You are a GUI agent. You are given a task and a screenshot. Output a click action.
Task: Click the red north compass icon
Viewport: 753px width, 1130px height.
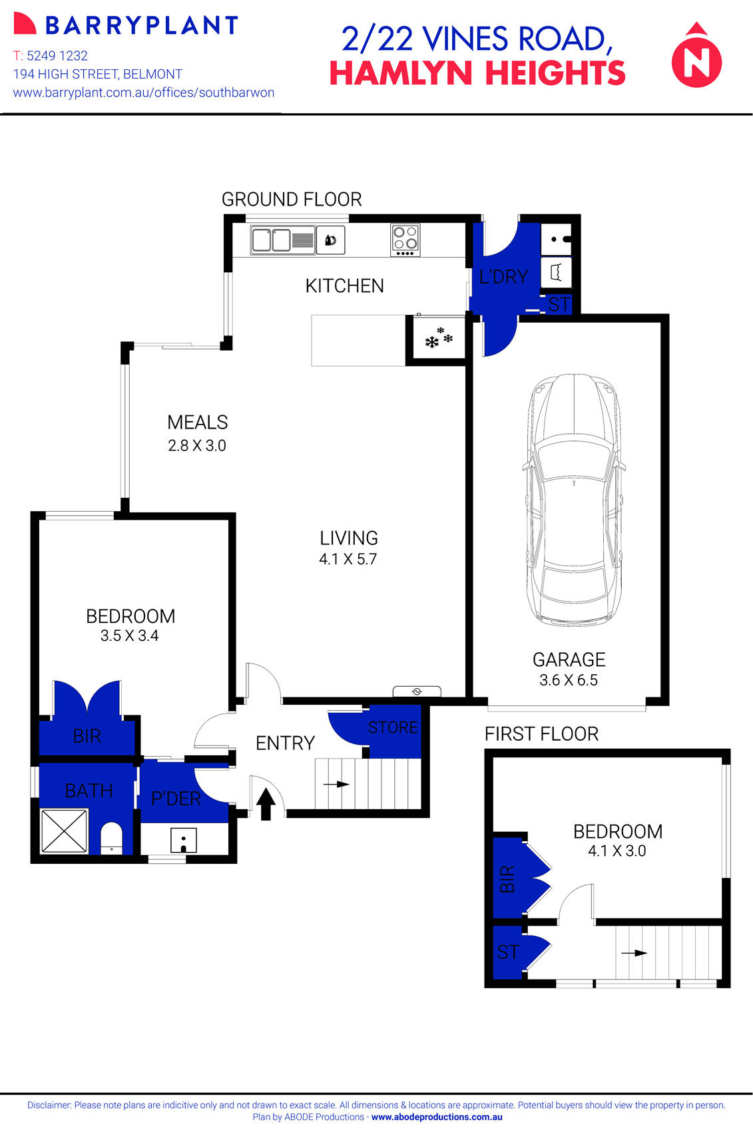pyautogui.click(x=696, y=59)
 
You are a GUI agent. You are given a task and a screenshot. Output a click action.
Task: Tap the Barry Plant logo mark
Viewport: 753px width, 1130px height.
pyautogui.click(x=25, y=25)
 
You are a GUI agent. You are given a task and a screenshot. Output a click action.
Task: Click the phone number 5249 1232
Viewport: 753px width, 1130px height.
pyautogui.click(x=57, y=56)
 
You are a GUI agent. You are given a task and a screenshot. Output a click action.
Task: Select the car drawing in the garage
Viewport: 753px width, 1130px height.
pyautogui.click(x=574, y=499)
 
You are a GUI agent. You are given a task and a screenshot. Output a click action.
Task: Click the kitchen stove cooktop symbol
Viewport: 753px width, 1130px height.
pyautogui.click(x=405, y=240)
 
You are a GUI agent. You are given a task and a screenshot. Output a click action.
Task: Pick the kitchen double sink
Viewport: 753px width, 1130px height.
pyautogui.click(x=272, y=240)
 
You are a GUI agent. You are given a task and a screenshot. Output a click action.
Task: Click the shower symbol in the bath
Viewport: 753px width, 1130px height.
pyautogui.click(x=64, y=831)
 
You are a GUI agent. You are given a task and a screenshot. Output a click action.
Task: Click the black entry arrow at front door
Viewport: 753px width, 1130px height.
pyautogui.click(x=266, y=803)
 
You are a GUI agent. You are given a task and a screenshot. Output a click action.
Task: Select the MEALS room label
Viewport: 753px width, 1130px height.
pyautogui.click(x=198, y=423)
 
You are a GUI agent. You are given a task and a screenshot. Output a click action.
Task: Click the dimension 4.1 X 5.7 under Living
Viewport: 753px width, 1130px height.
pyautogui.click(x=348, y=560)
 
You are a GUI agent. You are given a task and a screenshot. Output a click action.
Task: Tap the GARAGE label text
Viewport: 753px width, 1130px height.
pyautogui.click(x=569, y=659)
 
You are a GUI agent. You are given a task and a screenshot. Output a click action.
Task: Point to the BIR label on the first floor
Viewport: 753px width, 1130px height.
pyautogui.click(x=507, y=879)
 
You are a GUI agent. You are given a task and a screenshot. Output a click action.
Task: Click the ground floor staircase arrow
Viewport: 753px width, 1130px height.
pyautogui.click(x=337, y=785)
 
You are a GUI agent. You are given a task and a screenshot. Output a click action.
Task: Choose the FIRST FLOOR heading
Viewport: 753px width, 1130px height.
pyautogui.click(x=541, y=734)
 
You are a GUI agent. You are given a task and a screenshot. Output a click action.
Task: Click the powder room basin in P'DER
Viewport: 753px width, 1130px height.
pyautogui.click(x=183, y=840)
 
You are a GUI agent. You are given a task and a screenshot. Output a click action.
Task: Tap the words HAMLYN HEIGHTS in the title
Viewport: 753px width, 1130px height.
pyautogui.click(x=477, y=73)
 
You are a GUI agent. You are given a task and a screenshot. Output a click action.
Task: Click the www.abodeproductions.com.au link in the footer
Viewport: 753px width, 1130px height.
pyautogui.click(x=437, y=1117)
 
